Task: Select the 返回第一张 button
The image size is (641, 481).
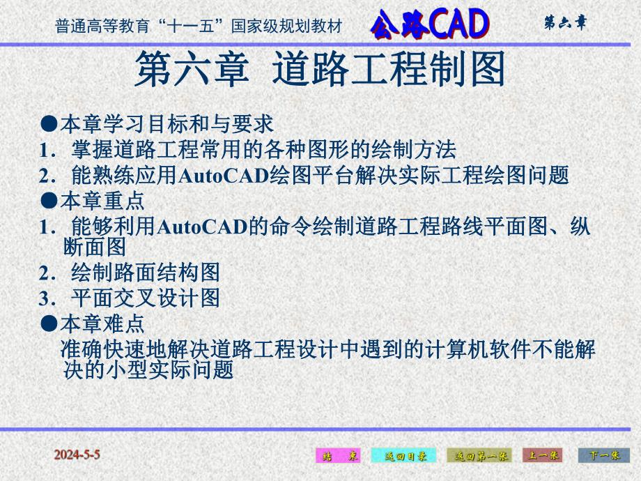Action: point(479,456)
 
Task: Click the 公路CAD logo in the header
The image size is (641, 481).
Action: point(428,24)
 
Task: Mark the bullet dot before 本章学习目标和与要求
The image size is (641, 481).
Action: point(48,124)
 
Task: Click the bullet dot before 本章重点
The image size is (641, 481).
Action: point(48,201)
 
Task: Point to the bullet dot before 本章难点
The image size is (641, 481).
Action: point(48,323)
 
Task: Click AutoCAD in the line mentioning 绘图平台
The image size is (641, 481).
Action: point(224,176)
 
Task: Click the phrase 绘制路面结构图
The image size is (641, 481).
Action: point(146,273)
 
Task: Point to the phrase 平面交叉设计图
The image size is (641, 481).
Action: point(146,299)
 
